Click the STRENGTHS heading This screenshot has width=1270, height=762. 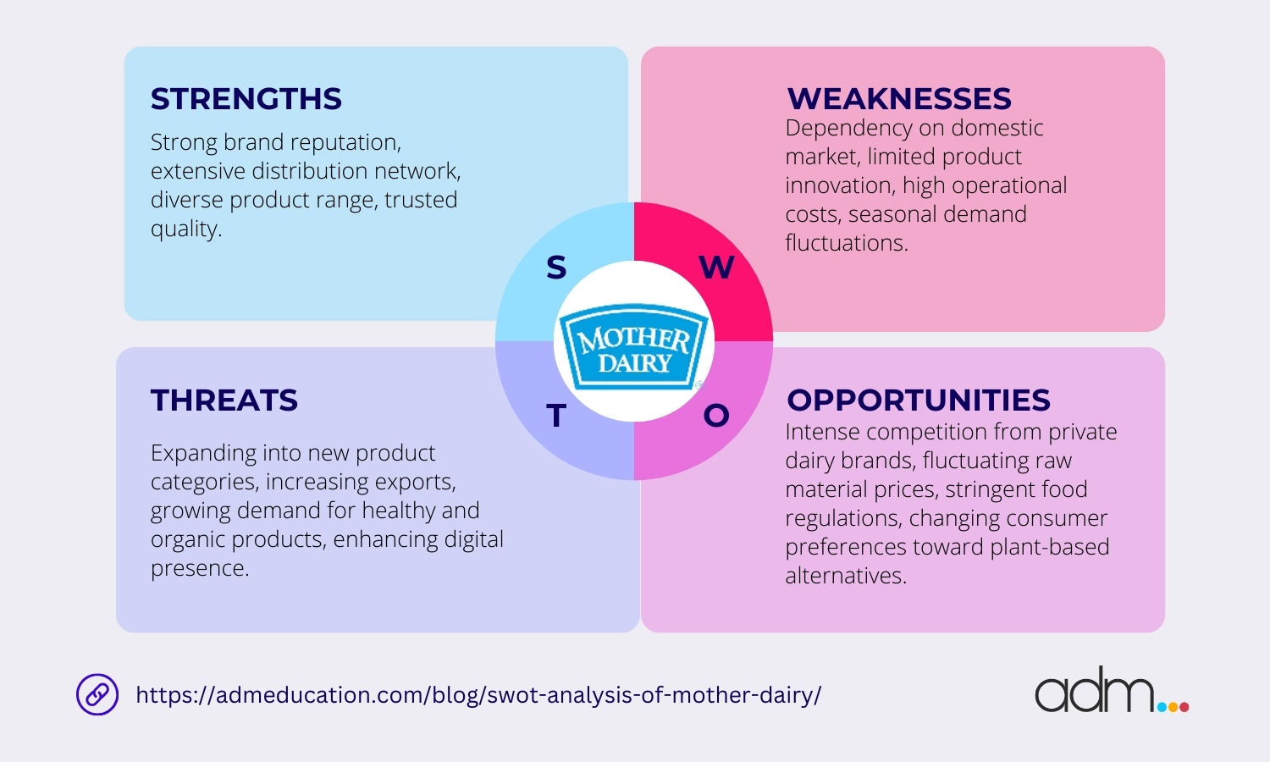tap(246, 99)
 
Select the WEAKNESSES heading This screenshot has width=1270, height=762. tap(899, 99)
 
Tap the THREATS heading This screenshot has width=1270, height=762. tap(224, 400)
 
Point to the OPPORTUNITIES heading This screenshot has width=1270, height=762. tap(919, 400)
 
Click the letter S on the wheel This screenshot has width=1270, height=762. tap(556, 267)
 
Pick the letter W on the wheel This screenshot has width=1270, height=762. tap(716, 267)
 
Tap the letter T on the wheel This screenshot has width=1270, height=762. tap(556, 416)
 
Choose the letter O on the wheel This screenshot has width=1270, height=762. tap(716, 416)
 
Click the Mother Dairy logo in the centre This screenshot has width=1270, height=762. tap(634, 346)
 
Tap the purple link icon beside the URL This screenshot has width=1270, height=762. tap(97, 694)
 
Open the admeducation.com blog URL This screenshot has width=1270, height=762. tap(478, 695)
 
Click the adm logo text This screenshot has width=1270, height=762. tap(1094, 690)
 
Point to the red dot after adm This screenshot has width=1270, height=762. tap(1184, 707)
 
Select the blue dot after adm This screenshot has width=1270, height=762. tap(1162, 707)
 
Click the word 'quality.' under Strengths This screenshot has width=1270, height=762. tap(186, 229)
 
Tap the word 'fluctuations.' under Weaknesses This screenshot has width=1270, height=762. tap(847, 243)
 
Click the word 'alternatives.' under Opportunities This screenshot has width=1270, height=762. tap(846, 576)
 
